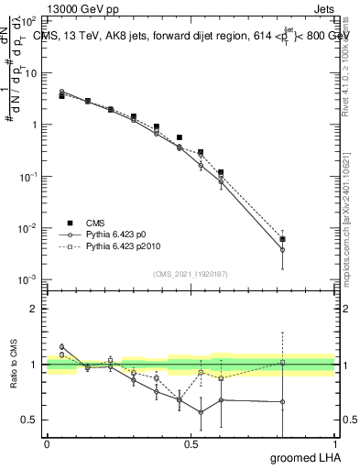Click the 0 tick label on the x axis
[47, 443]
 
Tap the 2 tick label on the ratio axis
[33, 309]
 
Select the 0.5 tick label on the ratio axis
[30, 420]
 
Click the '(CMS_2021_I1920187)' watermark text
[191, 273]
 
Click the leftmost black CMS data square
[61, 95]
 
